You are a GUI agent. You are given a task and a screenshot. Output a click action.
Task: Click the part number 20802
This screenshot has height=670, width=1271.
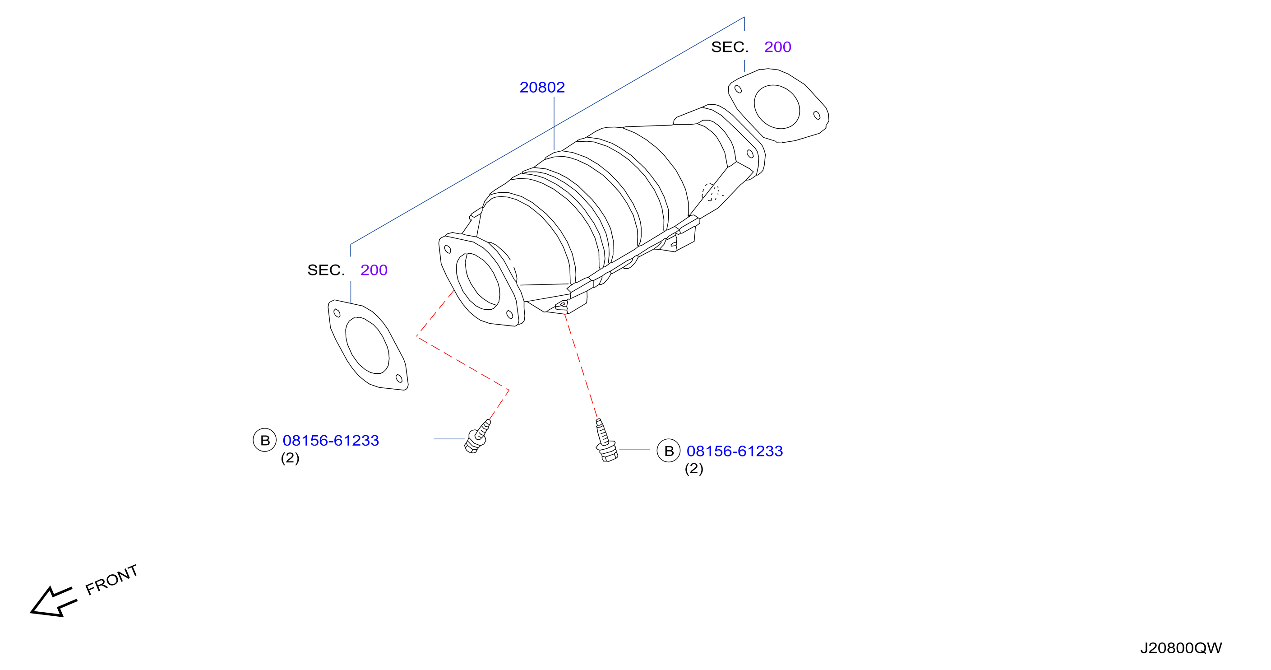click(x=542, y=88)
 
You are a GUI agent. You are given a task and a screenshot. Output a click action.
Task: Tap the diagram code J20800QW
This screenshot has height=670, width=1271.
click(x=1181, y=648)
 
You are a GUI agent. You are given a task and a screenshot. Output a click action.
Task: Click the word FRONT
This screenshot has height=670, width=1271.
click(x=111, y=580)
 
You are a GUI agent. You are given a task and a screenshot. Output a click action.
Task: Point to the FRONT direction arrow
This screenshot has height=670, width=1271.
click(x=53, y=602)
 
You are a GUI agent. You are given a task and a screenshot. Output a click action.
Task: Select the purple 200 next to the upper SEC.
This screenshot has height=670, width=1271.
click(x=777, y=47)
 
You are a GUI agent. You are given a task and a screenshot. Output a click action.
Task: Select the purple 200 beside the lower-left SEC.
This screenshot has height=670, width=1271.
click(x=374, y=270)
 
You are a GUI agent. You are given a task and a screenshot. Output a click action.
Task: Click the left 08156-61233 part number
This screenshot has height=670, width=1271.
click(x=331, y=440)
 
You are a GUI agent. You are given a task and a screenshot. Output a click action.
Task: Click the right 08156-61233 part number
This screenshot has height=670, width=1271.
click(x=735, y=451)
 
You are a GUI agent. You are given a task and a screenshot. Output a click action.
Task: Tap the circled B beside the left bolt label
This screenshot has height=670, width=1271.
click(x=265, y=440)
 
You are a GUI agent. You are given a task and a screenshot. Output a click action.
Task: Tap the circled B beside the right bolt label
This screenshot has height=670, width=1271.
click(x=669, y=451)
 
